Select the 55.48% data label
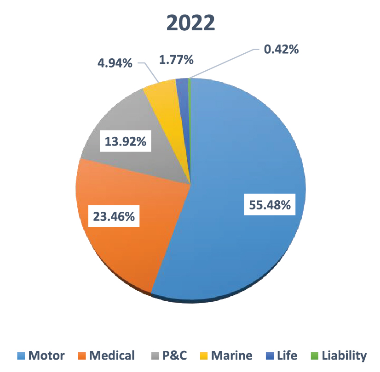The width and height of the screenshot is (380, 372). click(x=270, y=205)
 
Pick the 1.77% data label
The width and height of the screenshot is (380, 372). click(x=175, y=60)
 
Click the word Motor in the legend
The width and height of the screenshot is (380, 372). click(x=46, y=355)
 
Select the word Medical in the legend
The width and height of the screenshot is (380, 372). click(x=112, y=355)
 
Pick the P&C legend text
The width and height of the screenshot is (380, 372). click(x=175, y=355)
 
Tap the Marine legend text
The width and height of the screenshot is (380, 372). click(x=232, y=355)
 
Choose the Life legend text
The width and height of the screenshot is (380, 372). click(x=288, y=355)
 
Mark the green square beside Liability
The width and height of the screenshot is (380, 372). click(x=315, y=355)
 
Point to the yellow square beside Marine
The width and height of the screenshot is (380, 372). click(x=204, y=355)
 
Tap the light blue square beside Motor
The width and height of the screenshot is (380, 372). click(x=21, y=355)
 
